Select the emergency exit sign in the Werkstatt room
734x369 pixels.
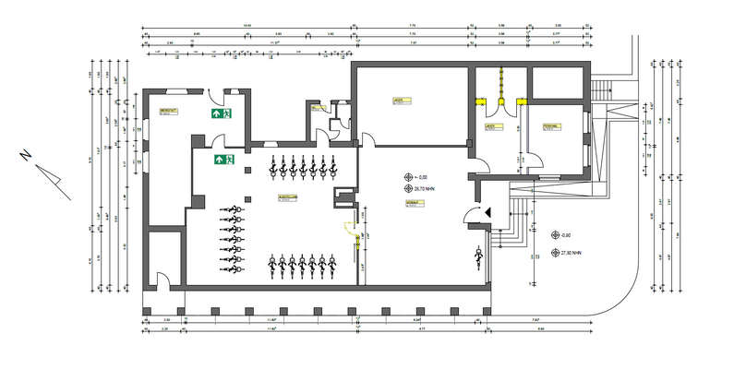click(x=223, y=113)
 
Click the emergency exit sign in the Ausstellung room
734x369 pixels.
click(x=225, y=160)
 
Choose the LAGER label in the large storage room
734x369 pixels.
click(x=399, y=101)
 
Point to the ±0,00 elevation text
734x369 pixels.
click(x=424, y=177)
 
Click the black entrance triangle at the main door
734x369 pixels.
click(x=487, y=212)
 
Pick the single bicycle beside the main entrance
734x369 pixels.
click(x=479, y=256)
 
